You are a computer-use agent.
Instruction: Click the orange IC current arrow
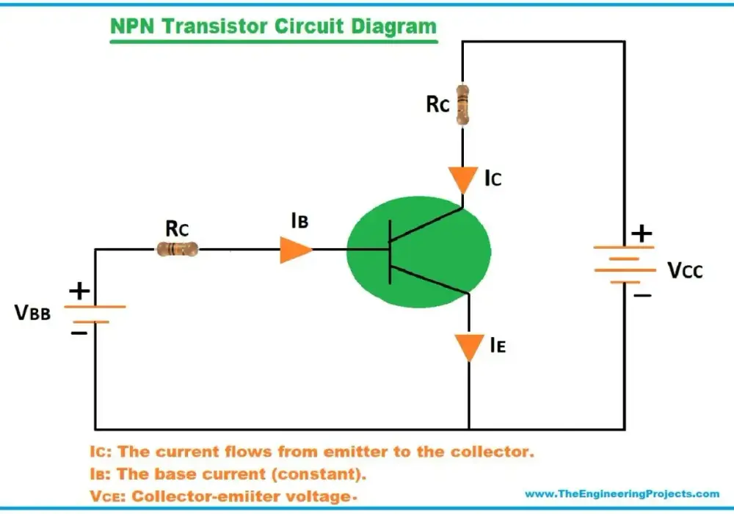463,180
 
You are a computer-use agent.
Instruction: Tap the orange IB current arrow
295,250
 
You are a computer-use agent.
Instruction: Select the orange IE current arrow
469,347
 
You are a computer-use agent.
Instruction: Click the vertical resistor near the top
462,104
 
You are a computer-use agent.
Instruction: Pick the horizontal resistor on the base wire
177,249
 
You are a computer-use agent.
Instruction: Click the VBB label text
32,313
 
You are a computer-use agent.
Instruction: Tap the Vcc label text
685,270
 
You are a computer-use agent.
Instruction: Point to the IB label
299,220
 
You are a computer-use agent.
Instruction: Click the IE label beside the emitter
498,345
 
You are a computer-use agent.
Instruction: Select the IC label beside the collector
493,178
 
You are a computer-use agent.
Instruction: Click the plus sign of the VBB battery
79,291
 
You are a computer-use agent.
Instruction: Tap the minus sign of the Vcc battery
642,295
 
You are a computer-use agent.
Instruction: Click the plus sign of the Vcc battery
642,233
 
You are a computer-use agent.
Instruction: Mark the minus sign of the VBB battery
79,333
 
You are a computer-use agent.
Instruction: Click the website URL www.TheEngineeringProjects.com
622,494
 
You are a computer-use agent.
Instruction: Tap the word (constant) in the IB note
319,474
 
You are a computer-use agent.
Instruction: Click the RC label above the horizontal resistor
177,229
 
